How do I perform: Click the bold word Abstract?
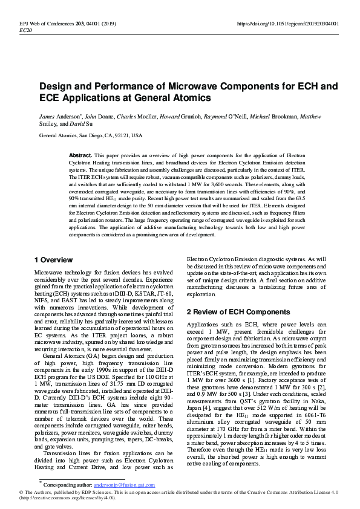tap(80, 155)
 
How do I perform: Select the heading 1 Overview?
tap(53, 260)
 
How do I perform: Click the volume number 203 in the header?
tap(77, 24)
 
